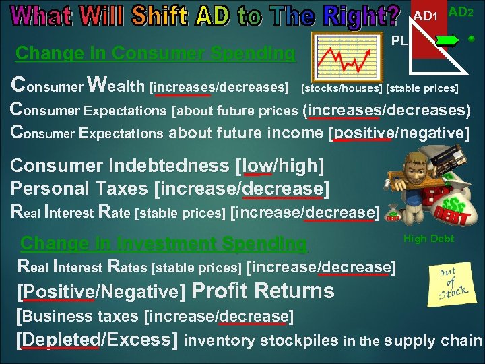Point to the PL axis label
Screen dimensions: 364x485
400,40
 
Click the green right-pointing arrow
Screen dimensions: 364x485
448,40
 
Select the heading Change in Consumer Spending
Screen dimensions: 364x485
155,53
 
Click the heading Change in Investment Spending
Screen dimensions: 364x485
164,243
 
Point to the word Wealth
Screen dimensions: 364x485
117,86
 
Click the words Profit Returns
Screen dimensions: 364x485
263,291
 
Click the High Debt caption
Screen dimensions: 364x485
428,239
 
